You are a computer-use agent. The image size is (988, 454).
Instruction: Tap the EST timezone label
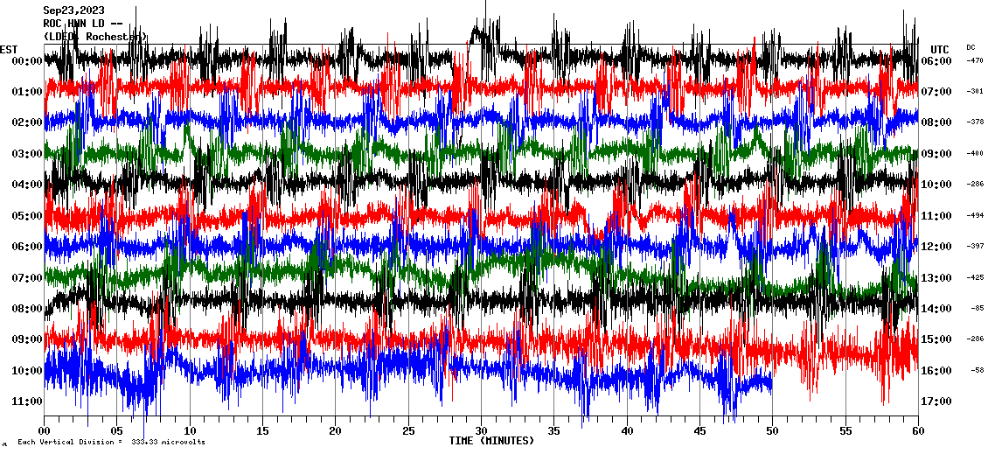[9, 49]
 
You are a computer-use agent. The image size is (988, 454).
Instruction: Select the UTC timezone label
[940, 49]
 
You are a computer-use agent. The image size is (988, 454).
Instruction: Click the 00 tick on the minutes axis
[45, 431]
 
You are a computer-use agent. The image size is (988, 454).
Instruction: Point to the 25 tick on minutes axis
[408, 431]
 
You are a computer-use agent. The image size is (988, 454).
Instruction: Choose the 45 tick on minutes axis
[699, 431]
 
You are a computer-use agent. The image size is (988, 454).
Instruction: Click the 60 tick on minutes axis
[917, 431]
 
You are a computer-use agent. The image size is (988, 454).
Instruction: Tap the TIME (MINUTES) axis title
[491, 441]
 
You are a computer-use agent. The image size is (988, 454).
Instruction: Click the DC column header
[971, 47]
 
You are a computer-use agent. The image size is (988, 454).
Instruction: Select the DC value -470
[975, 61]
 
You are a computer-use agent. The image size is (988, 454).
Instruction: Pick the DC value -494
[975, 216]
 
